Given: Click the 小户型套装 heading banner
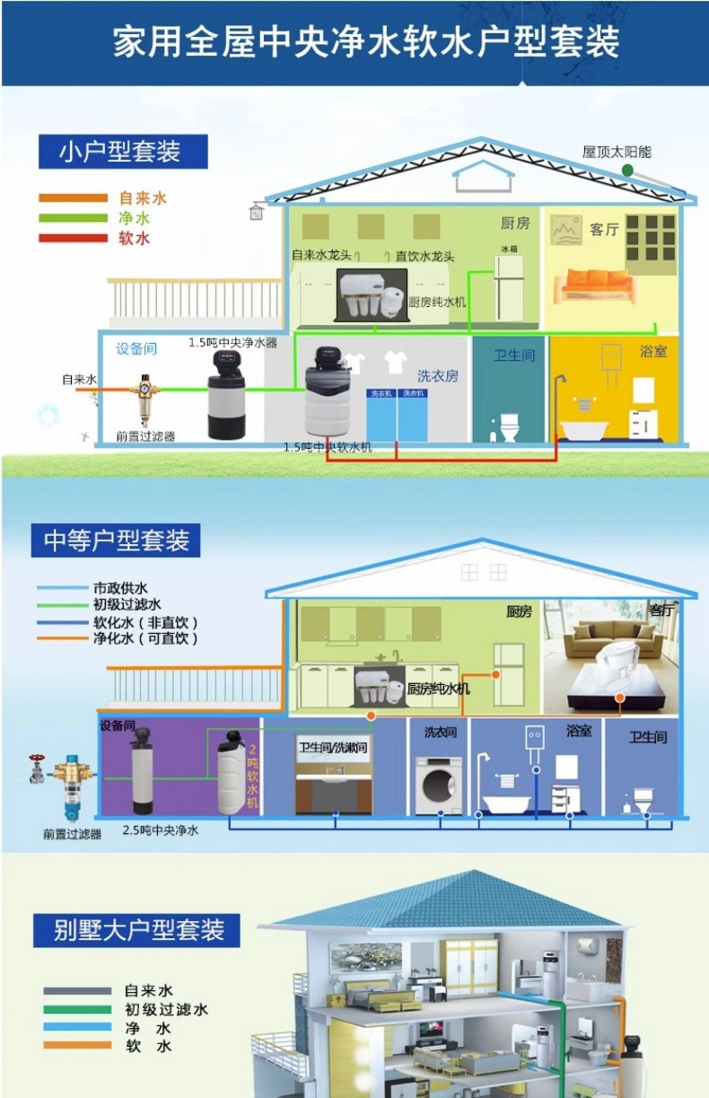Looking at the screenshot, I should (x=123, y=152).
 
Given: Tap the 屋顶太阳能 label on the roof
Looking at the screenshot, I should (x=617, y=152).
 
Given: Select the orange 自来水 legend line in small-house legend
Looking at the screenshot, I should (x=72, y=198).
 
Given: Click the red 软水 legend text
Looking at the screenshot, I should (x=135, y=239).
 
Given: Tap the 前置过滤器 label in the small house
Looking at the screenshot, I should (x=145, y=436).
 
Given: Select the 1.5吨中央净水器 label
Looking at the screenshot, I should (x=232, y=343).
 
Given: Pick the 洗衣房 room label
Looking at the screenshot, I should (x=438, y=375).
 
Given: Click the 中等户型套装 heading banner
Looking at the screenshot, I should (x=117, y=541).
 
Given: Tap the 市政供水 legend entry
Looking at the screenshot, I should (x=120, y=588).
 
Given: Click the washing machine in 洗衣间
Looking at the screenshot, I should (x=438, y=786).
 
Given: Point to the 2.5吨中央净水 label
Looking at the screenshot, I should (x=161, y=830).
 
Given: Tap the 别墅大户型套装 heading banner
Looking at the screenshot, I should (x=137, y=929).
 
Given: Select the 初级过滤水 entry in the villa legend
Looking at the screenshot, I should (x=165, y=1009).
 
